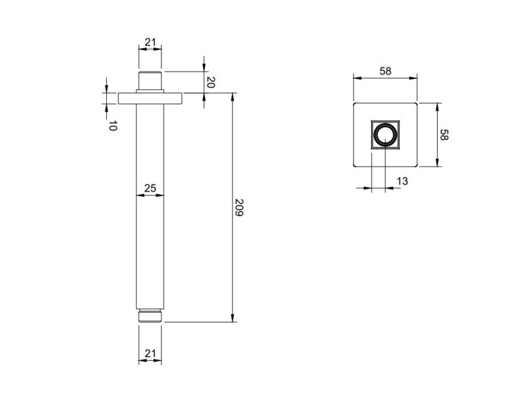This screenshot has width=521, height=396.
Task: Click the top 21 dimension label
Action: click(150, 42)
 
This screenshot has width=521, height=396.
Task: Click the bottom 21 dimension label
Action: click(150, 353)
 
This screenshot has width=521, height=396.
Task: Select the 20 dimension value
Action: click(210, 83)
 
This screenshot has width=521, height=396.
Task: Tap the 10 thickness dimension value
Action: click(112, 126)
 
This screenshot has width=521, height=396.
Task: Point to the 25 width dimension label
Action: click(150, 188)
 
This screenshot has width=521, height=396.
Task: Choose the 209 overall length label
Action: click(239, 208)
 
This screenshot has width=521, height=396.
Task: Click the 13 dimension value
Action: click(402, 181)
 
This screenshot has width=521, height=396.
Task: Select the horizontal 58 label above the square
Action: click(385, 72)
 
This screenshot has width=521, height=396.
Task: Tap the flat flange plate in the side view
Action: click(150, 98)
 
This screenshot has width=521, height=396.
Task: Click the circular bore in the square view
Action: click(385, 135)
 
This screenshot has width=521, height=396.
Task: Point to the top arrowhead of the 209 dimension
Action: click(232, 97)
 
